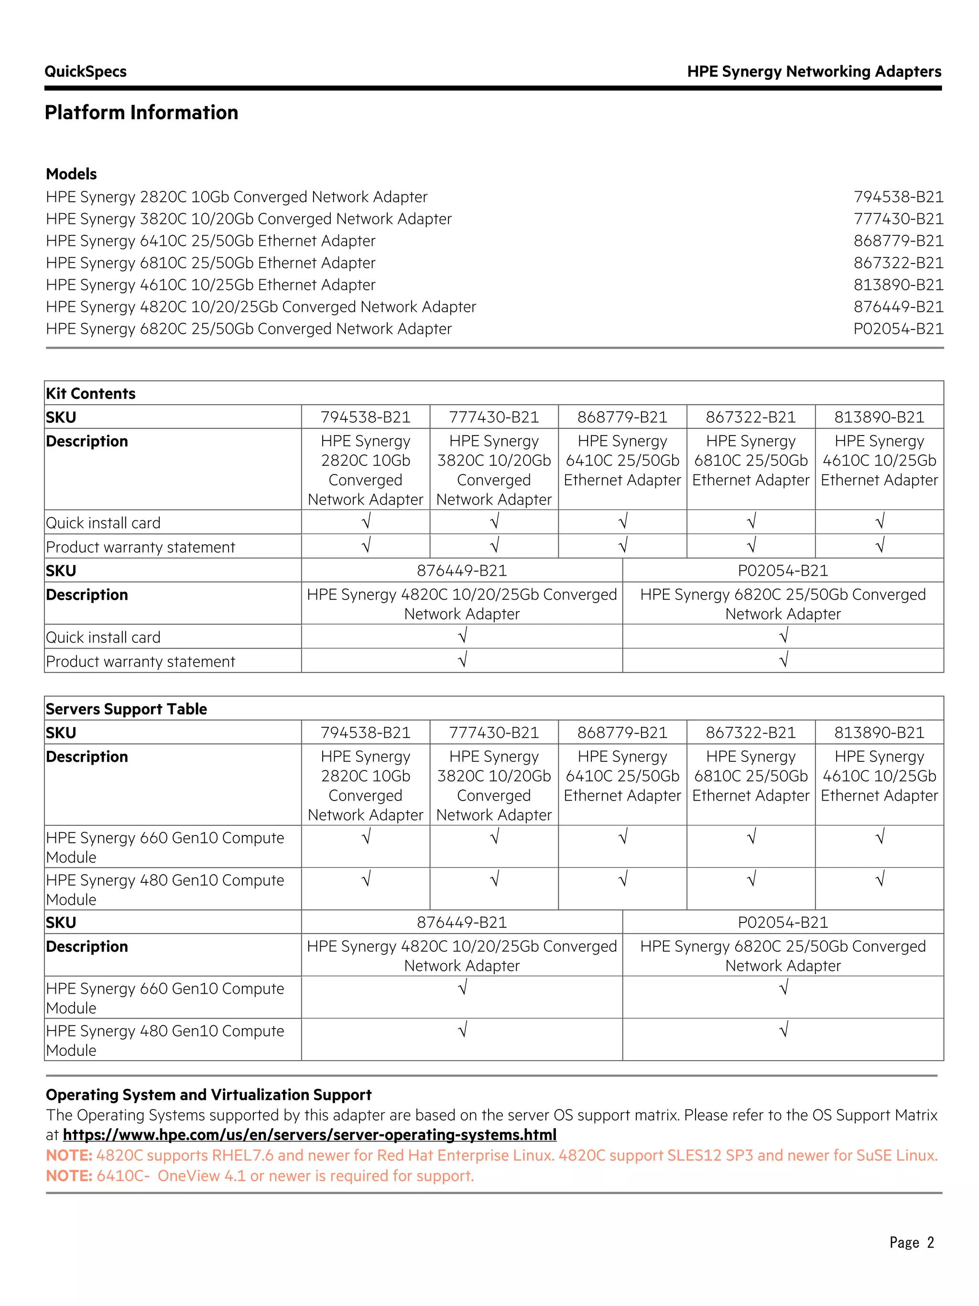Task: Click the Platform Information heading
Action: tap(141, 112)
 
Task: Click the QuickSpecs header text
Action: tap(86, 71)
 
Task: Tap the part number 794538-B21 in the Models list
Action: tap(898, 197)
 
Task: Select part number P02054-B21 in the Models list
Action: tap(898, 329)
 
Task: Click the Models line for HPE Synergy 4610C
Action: tap(211, 285)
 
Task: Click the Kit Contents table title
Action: tap(91, 393)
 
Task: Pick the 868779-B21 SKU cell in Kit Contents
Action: tap(622, 417)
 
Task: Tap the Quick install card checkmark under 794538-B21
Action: tap(366, 521)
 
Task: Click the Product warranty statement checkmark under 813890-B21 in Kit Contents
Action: tap(879, 546)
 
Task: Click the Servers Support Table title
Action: tap(126, 709)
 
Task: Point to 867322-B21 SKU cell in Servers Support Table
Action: tap(751, 732)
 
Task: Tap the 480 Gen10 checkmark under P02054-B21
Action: tap(783, 1030)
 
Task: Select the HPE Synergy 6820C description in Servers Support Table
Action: tap(783, 955)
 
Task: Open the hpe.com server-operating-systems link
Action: tap(309, 1135)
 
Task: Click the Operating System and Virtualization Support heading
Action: tap(208, 1095)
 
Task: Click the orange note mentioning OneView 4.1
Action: tap(260, 1175)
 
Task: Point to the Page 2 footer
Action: tap(911, 1243)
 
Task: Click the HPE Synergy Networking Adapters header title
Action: tap(814, 71)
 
